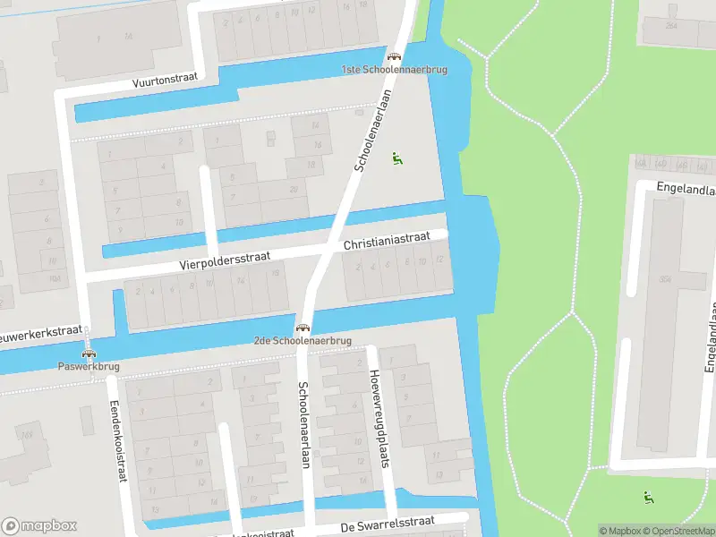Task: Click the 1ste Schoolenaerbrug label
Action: pos(394,69)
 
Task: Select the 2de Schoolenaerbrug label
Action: pos(302,341)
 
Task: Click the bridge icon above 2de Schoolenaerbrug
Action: pos(303,328)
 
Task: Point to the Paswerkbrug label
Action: pos(88,366)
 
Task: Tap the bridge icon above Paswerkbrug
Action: pos(88,354)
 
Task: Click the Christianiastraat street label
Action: pos(386,242)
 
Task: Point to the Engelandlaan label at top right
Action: pos(685,190)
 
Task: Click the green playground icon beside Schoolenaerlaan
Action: pos(396,158)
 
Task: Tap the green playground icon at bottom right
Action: pos(648,497)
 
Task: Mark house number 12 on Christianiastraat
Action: pos(439,260)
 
